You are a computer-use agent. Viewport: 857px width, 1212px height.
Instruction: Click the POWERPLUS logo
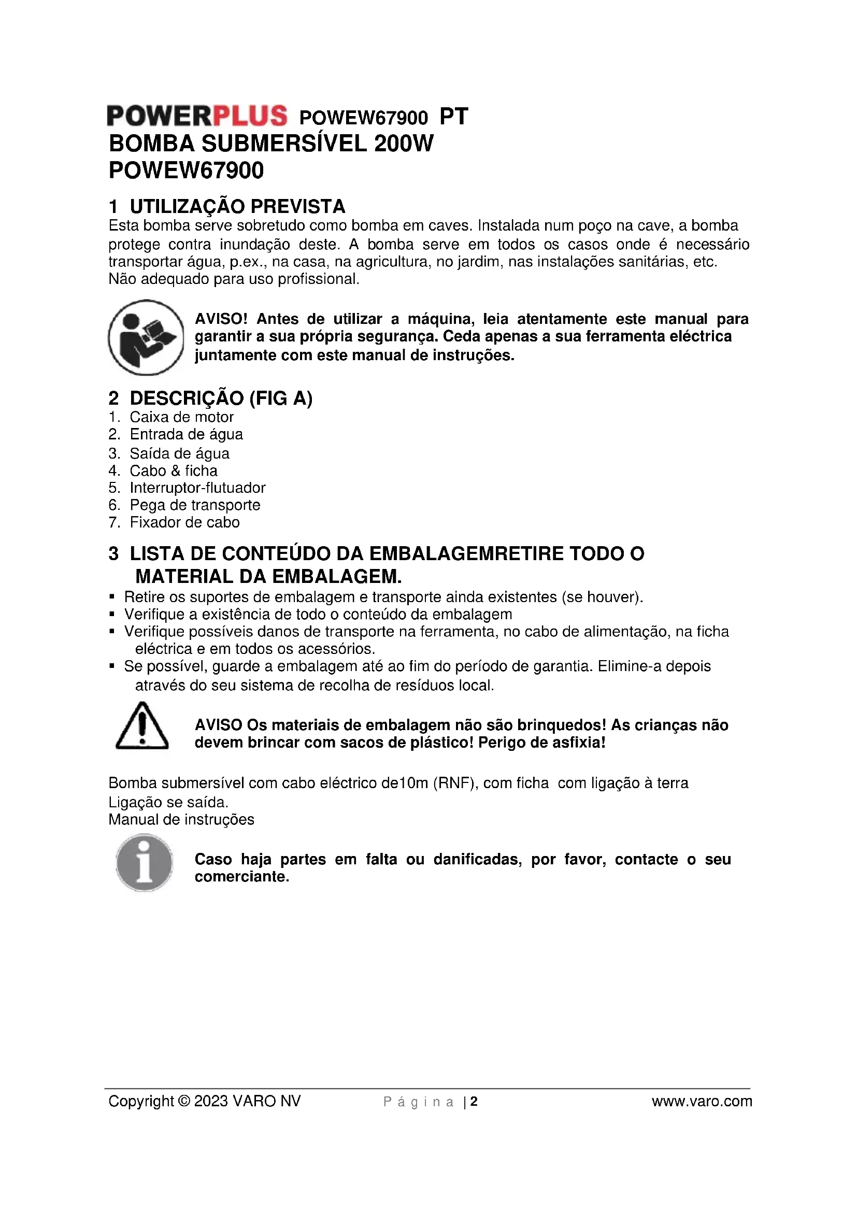pyautogui.click(x=197, y=116)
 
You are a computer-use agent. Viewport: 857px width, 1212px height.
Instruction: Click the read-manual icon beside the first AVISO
pyautogui.click(x=146, y=337)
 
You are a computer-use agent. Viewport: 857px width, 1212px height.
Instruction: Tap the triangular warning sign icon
pyautogui.click(x=142, y=726)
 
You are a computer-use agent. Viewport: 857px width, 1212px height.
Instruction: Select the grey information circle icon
pyautogui.click(x=144, y=862)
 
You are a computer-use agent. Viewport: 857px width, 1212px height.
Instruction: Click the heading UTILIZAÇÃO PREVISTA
pyautogui.click(x=237, y=206)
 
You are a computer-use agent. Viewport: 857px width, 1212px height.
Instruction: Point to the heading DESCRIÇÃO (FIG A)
pyautogui.click(x=221, y=398)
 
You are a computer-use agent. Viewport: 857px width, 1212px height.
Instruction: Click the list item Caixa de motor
pyautogui.click(x=181, y=417)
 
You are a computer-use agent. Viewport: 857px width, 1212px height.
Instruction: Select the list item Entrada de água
pyautogui.click(x=187, y=434)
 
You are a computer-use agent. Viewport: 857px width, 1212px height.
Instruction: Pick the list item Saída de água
pyautogui.click(x=179, y=453)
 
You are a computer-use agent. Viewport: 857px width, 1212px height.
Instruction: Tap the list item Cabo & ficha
pyautogui.click(x=174, y=470)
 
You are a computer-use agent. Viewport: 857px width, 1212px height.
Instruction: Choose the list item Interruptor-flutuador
pyautogui.click(x=197, y=488)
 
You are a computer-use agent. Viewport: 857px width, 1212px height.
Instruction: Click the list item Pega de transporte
pyautogui.click(x=195, y=505)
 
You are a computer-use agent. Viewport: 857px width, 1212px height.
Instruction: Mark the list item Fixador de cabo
pyautogui.click(x=184, y=522)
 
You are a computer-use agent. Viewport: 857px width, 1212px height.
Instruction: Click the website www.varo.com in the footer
pyautogui.click(x=702, y=1101)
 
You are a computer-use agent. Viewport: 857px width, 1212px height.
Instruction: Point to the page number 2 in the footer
pyautogui.click(x=474, y=1102)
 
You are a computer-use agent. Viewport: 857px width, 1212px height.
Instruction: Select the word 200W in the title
pyautogui.click(x=403, y=144)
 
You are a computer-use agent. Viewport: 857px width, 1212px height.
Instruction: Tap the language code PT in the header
pyautogui.click(x=454, y=117)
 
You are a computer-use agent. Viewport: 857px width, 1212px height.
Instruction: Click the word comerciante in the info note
pyautogui.click(x=241, y=877)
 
